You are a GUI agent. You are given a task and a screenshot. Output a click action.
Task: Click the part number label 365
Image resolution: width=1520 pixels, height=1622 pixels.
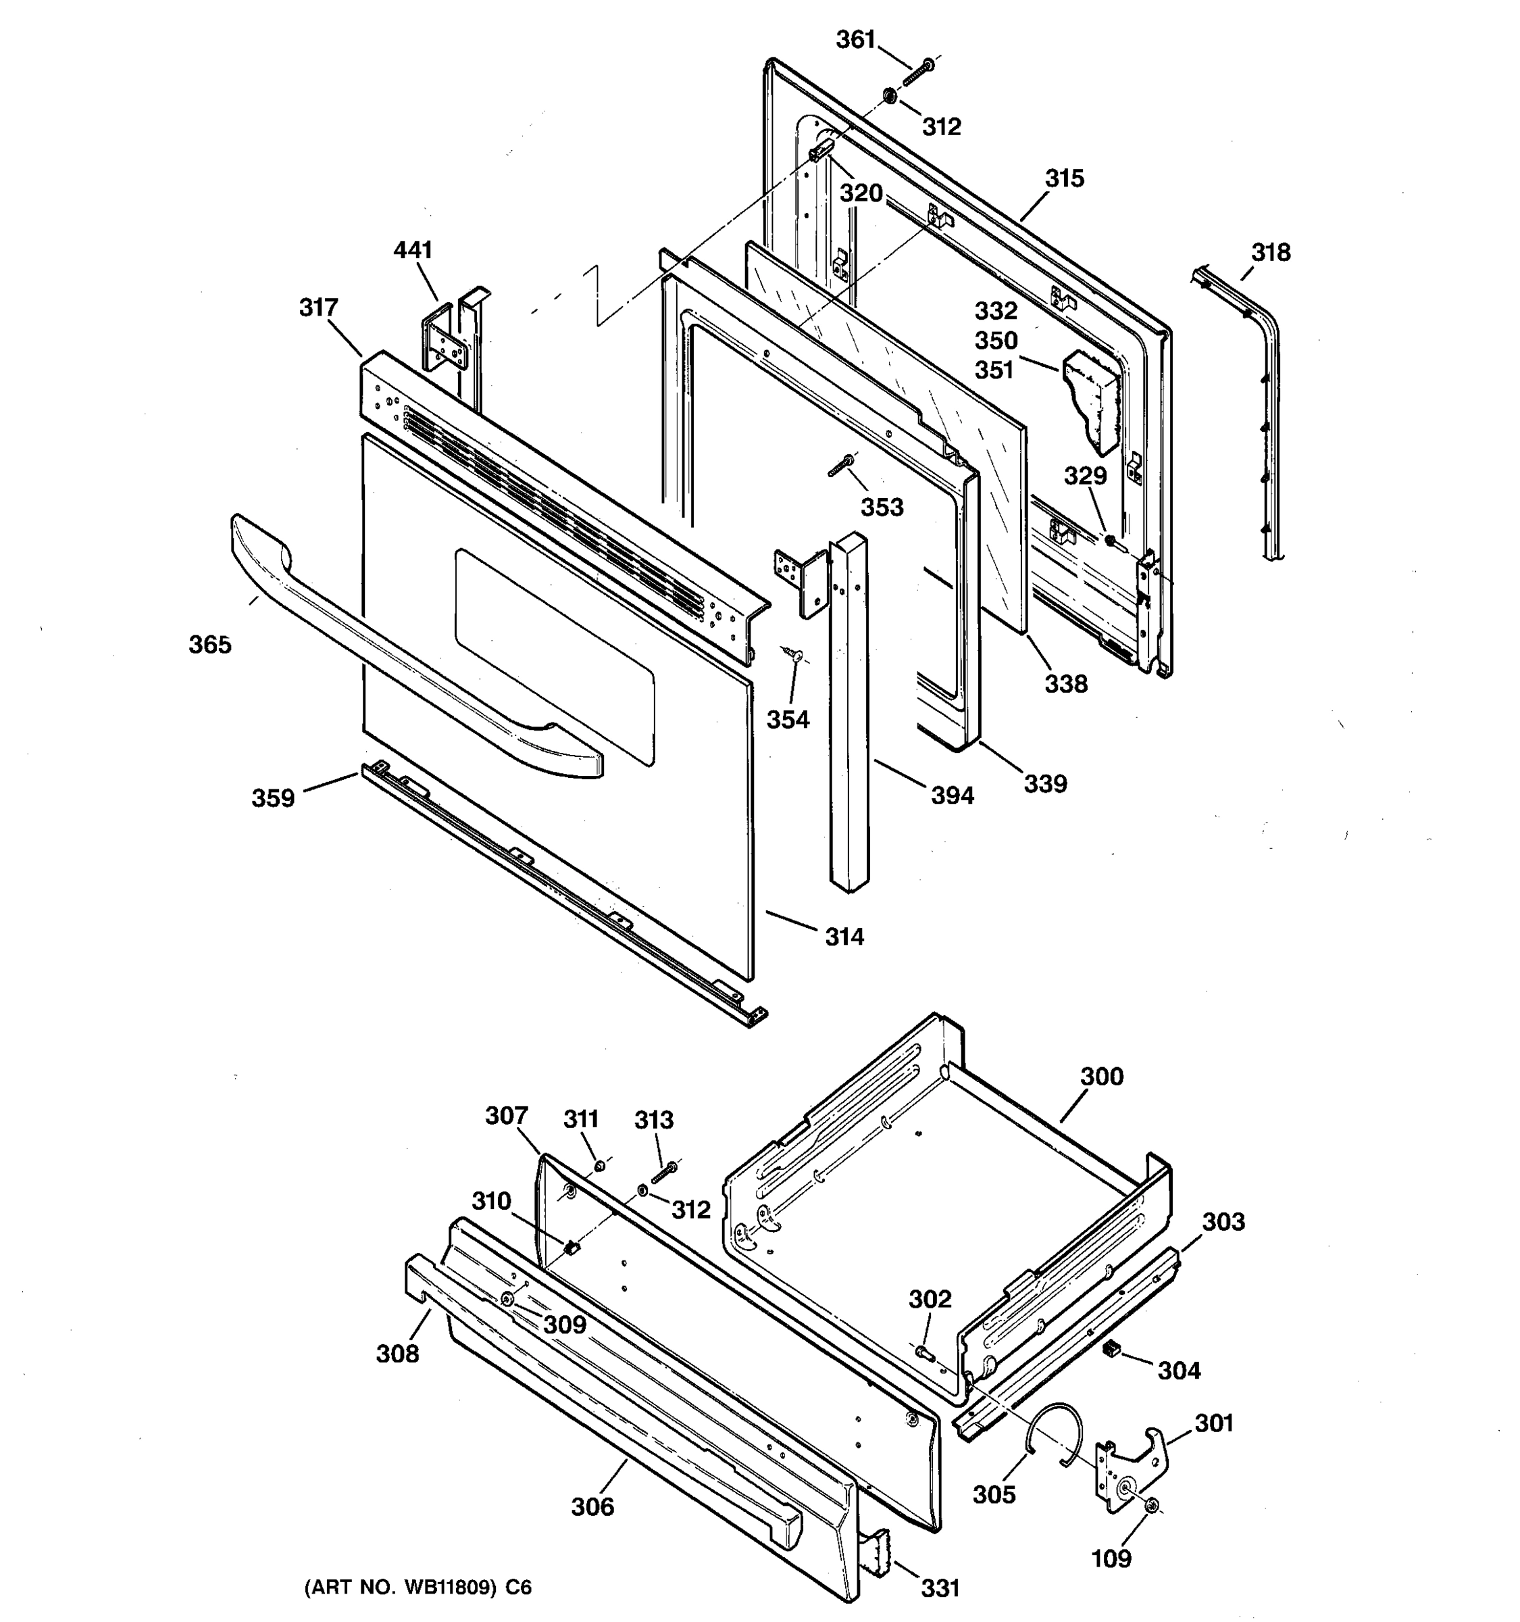click(210, 645)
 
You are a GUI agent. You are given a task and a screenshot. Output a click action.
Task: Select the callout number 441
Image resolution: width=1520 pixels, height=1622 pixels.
click(413, 249)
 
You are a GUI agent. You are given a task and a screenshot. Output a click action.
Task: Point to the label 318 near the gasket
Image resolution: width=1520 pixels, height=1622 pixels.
click(1271, 252)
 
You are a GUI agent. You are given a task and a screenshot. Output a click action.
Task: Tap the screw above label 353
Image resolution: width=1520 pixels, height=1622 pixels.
click(840, 466)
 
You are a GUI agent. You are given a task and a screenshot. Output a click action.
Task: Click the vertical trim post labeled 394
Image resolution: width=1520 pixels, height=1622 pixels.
click(847, 710)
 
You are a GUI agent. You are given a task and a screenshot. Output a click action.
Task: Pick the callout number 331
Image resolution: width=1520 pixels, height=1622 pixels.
click(940, 1588)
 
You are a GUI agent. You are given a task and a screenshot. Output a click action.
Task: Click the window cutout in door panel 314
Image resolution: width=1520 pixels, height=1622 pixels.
click(555, 653)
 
